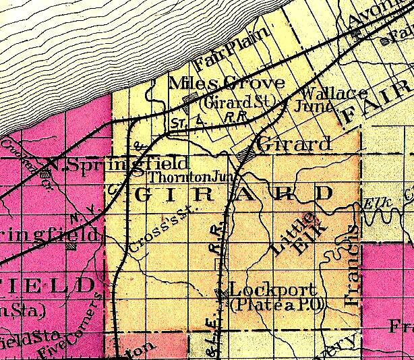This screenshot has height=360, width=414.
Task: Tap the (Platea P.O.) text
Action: coord(278,305)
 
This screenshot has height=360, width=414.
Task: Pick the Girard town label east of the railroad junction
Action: coord(295,144)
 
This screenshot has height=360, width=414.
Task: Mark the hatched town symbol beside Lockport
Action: coord(220,293)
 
